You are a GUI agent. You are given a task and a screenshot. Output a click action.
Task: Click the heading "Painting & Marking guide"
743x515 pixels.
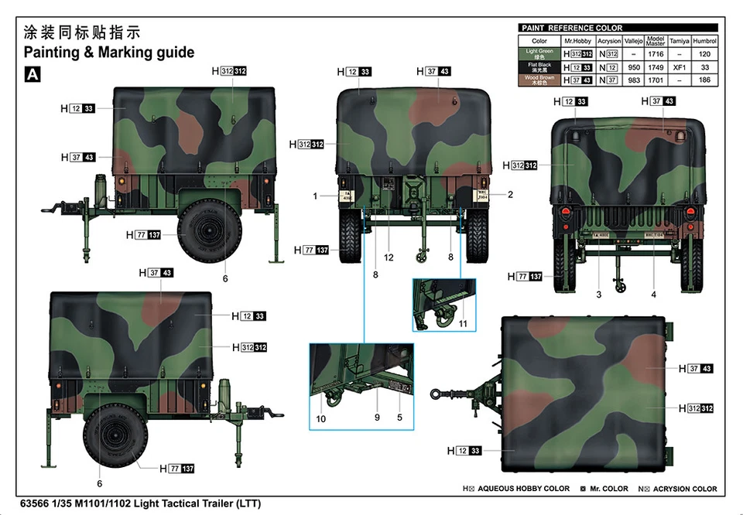(109, 53)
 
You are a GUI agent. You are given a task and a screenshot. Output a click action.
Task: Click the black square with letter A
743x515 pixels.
(33, 74)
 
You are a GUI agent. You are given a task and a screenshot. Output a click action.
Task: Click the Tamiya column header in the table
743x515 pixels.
(679, 41)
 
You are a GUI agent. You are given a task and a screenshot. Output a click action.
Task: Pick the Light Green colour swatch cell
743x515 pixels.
(539, 54)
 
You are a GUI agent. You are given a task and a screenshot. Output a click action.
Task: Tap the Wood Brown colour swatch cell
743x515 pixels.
(539, 80)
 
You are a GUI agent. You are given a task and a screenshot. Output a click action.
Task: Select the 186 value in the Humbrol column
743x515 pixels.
(704, 80)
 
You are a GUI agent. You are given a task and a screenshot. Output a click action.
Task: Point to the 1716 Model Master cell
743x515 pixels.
(656, 54)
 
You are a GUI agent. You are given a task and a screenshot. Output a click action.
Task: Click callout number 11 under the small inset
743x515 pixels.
(463, 323)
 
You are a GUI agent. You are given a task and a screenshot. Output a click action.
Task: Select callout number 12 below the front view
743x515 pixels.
(389, 257)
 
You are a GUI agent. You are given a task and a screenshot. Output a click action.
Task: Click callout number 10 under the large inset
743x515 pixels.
(321, 418)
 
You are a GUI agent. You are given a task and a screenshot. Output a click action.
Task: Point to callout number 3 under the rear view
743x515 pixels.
(598, 294)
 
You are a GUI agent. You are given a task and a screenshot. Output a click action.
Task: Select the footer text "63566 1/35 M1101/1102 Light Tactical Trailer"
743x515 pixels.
(142, 503)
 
